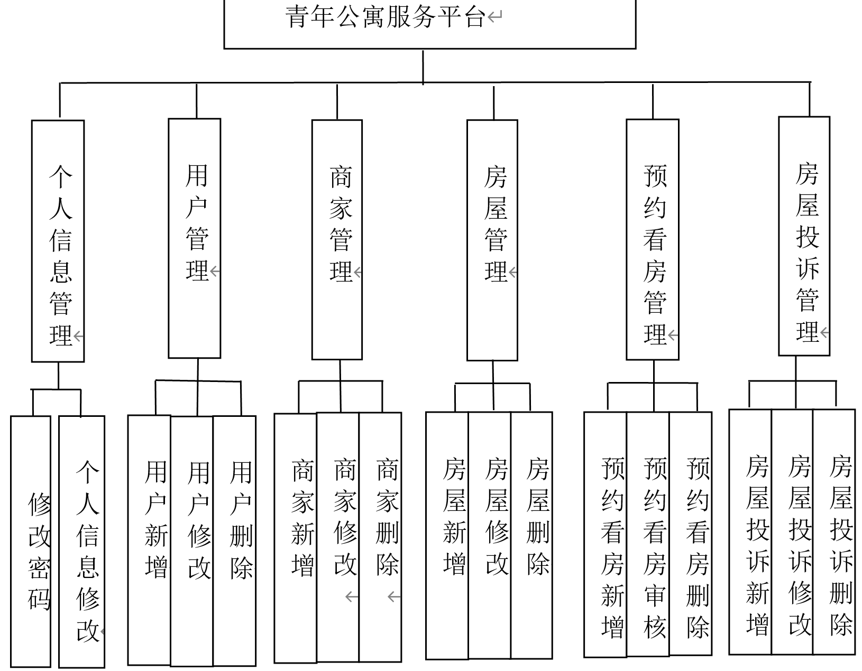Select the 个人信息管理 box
[58, 241]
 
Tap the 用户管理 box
[195, 238]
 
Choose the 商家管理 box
[337, 239]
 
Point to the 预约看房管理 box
[653, 239]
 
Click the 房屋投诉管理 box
[804, 236]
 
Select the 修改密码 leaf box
[31, 542]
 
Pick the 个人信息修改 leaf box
[82, 542]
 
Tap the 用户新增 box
[150, 539]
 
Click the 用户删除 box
[235, 539]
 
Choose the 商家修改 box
[338, 537]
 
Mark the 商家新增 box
[296, 537]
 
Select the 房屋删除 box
[531, 535]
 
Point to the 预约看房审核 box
[648, 534]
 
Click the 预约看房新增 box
[606, 534]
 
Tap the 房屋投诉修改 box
[792, 532]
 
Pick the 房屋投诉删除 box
[834, 532]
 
